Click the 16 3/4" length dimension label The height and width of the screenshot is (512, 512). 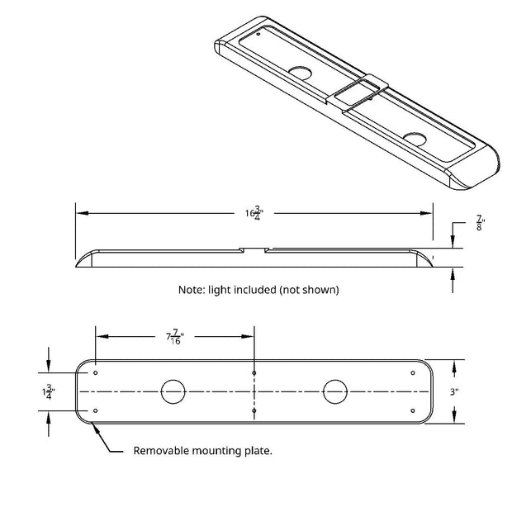[254, 213]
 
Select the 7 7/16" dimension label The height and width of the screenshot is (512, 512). [175, 337]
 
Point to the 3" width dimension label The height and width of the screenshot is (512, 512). [454, 391]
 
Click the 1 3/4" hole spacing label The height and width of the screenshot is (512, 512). [49, 391]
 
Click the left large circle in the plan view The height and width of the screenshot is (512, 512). [173, 391]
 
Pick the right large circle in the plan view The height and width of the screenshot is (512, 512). [335, 391]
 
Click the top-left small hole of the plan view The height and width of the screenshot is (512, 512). [95, 373]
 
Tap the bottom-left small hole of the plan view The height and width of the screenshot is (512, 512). [95, 410]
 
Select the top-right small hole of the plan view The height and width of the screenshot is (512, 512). [413, 373]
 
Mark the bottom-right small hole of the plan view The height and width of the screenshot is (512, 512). [413, 410]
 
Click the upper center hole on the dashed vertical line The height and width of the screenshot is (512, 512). [254, 373]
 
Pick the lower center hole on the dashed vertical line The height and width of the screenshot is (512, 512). [254, 410]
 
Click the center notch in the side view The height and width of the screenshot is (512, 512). [254, 250]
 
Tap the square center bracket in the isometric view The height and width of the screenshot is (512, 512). [358, 92]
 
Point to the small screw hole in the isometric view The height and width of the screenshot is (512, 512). [258, 34]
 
